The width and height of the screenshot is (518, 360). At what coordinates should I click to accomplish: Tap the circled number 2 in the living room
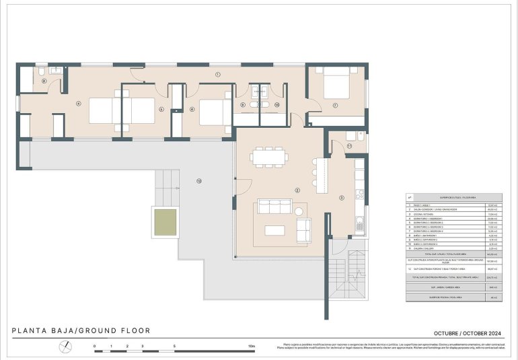(297, 190)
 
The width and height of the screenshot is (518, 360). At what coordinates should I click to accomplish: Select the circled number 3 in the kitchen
(342, 197)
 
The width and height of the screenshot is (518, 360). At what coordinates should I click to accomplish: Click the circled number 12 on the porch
(199, 181)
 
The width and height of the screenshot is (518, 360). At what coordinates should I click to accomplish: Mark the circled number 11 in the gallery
(349, 145)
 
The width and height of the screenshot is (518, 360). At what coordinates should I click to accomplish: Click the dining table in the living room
(269, 157)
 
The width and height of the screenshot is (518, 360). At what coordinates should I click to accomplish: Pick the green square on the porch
(165, 222)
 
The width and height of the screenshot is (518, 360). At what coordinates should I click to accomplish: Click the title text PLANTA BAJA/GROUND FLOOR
(81, 330)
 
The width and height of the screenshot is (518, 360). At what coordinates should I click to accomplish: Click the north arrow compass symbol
(65, 347)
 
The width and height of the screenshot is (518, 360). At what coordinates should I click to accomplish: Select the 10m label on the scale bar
(252, 346)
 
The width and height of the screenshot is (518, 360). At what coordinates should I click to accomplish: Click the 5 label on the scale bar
(175, 346)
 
